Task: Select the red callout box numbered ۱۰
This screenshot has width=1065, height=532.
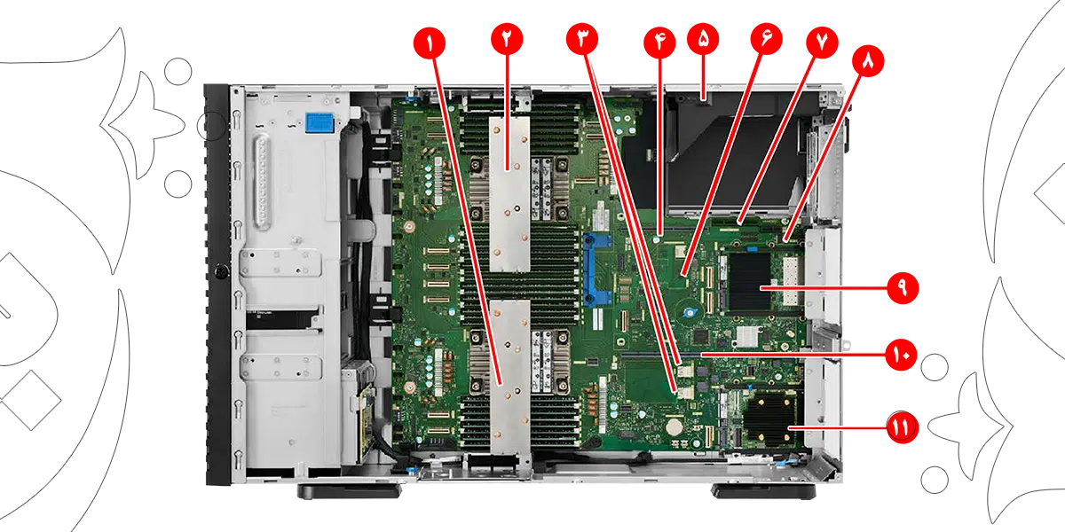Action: click(902, 355)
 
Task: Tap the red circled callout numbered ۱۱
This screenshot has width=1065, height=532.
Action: click(900, 427)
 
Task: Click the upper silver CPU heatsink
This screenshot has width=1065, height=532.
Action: click(510, 191)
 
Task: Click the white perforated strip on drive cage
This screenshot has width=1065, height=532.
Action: click(260, 182)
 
